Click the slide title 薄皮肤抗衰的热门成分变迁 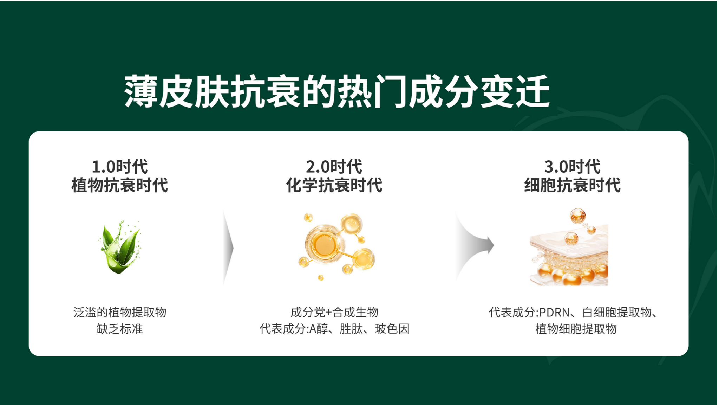point(337,91)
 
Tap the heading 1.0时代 point(120,167)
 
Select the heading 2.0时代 point(334,167)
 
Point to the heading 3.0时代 point(573,167)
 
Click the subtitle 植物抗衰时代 point(120,185)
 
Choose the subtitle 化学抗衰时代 point(334,185)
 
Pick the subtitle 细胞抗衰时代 point(573,185)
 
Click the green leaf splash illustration point(120,247)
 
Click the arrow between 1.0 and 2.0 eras point(229,247)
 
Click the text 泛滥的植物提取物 point(120,312)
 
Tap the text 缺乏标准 point(120,329)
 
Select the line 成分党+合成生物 point(334,312)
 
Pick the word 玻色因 point(392,329)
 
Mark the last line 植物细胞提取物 point(576,329)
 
